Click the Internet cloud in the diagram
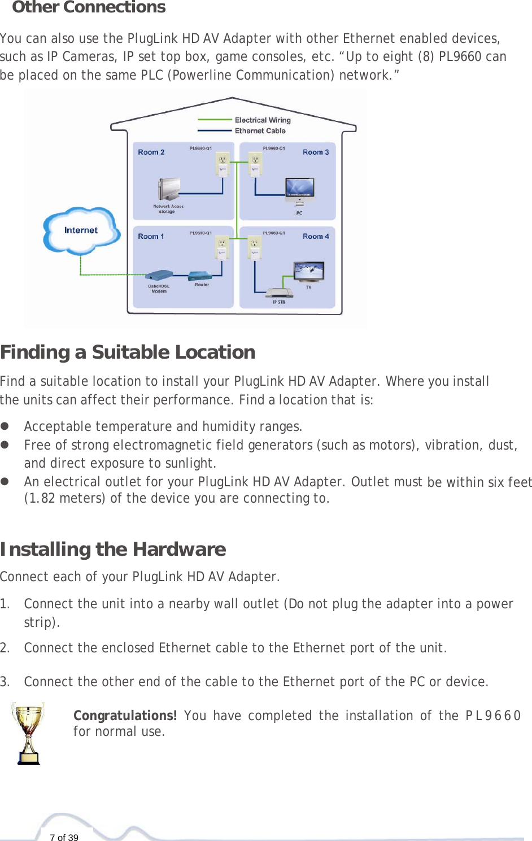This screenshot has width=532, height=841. [81, 230]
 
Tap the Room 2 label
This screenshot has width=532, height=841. [151, 152]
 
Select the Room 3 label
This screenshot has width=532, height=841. [315, 152]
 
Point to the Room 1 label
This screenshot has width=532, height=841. [151, 236]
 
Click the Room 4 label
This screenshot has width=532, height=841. [315, 236]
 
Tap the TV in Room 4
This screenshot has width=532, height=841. [309, 272]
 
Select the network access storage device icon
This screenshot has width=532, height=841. [168, 190]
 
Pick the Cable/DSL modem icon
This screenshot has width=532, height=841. [159, 276]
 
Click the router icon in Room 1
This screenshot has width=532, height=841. [200, 276]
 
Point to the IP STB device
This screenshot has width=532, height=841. [280, 293]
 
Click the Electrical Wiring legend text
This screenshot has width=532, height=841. [263, 120]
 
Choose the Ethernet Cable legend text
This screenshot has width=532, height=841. [260, 130]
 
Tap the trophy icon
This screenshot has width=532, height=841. [29, 733]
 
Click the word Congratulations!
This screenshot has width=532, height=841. [125, 716]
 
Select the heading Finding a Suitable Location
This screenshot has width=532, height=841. [128, 352]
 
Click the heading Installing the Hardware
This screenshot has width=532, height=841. [113, 549]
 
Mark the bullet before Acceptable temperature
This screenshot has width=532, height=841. [5, 426]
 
